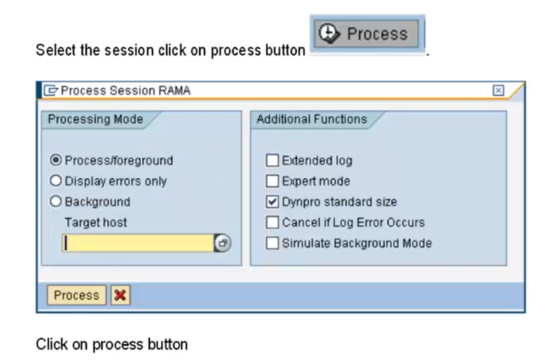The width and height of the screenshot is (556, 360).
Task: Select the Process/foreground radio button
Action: tap(56, 160)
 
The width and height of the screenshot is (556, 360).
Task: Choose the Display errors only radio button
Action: tap(56, 181)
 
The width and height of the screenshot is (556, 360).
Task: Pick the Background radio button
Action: tap(56, 201)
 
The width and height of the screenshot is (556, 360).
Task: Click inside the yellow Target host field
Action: tap(138, 243)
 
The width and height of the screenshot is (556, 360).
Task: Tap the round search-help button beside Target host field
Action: tap(223, 243)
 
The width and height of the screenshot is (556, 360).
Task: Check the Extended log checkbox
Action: tap(272, 161)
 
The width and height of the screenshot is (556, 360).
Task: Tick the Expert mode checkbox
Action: tap(272, 181)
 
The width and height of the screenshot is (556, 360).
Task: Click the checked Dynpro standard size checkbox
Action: tap(272, 201)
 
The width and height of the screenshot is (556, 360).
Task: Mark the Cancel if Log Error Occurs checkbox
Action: tap(272, 222)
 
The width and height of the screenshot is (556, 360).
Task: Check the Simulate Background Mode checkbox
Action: tap(272, 243)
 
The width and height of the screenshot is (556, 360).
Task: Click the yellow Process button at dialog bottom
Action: tap(77, 295)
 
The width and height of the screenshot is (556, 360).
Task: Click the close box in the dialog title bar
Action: tap(498, 90)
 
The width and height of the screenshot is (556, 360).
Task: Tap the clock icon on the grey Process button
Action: tap(329, 33)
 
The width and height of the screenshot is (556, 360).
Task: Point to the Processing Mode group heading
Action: tap(95, 119)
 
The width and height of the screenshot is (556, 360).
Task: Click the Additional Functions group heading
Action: tap(312, 119)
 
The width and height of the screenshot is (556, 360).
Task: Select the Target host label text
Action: tap(95, 222)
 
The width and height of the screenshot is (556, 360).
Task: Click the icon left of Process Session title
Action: tap(51, 90)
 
